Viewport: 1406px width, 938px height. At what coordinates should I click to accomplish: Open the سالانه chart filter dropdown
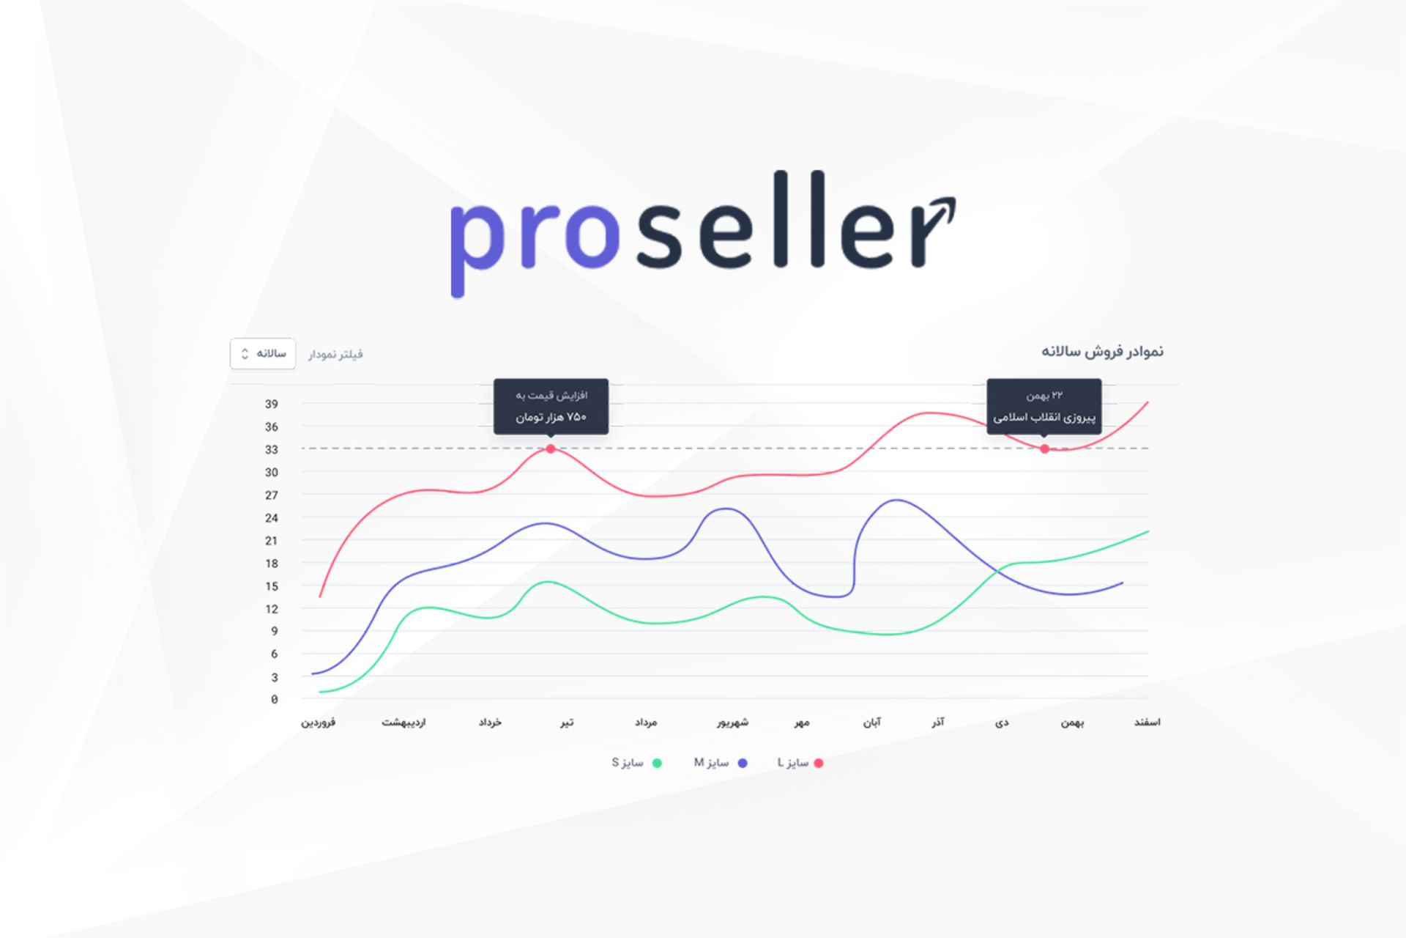pos(263,354)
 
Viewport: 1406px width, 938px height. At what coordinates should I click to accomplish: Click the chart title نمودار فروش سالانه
pos(1102,352)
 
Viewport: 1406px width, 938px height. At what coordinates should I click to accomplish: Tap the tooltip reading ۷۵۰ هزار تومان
pos(551,407)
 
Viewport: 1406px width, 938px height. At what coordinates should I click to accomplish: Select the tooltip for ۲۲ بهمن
pos(1044,407)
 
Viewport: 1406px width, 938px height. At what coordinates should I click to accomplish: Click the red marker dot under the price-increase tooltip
pos(551,448)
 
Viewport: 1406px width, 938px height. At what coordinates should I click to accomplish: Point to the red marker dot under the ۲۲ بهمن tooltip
pos(1044,448)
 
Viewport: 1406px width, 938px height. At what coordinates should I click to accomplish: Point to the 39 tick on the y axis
pos(272,404)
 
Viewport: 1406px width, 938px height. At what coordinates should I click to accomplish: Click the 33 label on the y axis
pos(272,449)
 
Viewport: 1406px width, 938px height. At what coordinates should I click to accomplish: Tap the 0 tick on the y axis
pos(275,699)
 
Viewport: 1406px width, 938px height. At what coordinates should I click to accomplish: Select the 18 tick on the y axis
pos(272,564)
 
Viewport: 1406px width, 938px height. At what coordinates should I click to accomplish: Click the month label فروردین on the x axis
pos(319,723)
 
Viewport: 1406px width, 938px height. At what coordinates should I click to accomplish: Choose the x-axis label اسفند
pos(1148,723)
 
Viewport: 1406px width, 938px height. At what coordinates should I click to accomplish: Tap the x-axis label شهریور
pos(733,723)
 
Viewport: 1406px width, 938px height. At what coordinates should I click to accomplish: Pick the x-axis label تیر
pos(568,723)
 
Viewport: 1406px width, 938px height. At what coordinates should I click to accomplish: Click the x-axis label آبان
pos(872,723)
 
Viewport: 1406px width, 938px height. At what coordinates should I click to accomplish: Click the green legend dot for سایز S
pos(657,763)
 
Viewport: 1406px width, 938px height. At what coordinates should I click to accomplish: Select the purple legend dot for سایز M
pos(743,763)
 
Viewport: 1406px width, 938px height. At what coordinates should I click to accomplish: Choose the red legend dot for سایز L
pos(819,763)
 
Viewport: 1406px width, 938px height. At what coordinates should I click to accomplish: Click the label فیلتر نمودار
pos(335,355)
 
